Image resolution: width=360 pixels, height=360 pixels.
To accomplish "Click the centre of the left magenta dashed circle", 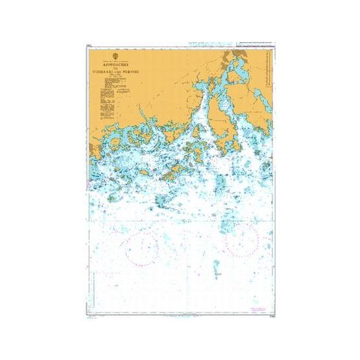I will [143, 247].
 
